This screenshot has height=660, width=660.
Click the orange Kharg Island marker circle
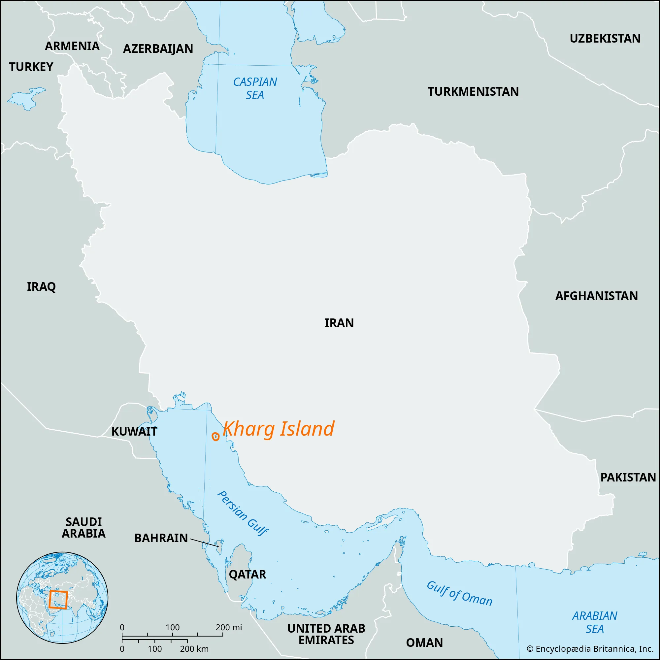[x=215, y=436]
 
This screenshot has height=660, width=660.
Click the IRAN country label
[x=339, y=323]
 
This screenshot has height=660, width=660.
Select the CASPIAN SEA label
[x=255, y=88]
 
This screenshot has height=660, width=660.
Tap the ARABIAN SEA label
[x=594, y=622]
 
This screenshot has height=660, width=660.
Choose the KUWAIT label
[x=134, y=431]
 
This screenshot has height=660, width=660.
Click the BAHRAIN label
[x=161, y=538]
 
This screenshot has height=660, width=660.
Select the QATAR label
[x=247, y=574]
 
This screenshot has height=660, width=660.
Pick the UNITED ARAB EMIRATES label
[x=326, y=634]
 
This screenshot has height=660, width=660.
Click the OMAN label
[x=424, y=643]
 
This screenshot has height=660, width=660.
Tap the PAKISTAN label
[x=628, y=477]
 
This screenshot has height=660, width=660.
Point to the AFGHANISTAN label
[x=596, y=296]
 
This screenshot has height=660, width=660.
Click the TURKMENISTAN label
[x=473, y=91]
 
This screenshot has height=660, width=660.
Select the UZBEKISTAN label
[x=605, y=39]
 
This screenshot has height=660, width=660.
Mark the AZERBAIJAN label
[x=158, y=49]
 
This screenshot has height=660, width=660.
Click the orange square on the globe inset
[x=57, y=600]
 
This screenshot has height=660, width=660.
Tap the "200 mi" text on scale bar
[x=229, y=627]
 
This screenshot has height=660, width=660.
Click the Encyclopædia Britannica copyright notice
[x=590, y=649]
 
